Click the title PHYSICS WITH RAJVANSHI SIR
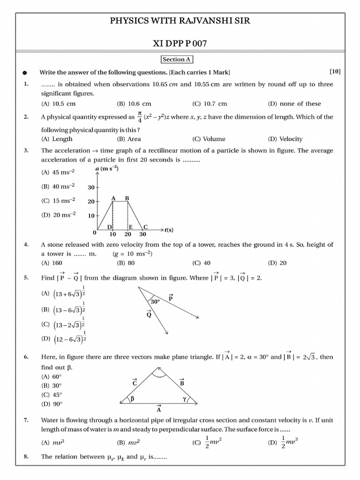click(x=180, y=21)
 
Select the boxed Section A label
click(x=177, y=60)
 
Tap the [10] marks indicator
click(x=335, y=72)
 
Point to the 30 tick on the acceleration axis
click(x=91, y=187)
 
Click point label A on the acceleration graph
click(x=113, y=198)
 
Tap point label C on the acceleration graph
click(x=145, y=227)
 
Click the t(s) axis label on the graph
click(x=169, y=230)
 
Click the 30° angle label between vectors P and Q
click(x=155, y=302)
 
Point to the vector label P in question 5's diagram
click(x=171, y=298)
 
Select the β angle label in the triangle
click(x=132, y=399)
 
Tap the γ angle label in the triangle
click(x=185, y=399)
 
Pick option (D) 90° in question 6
click(x=52, y=403)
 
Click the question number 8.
click(x=25, y=456)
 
